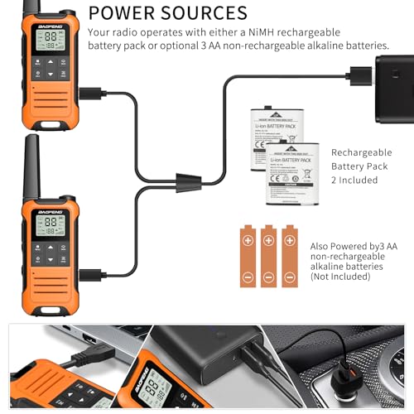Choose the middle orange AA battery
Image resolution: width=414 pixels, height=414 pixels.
pos(269,256)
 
